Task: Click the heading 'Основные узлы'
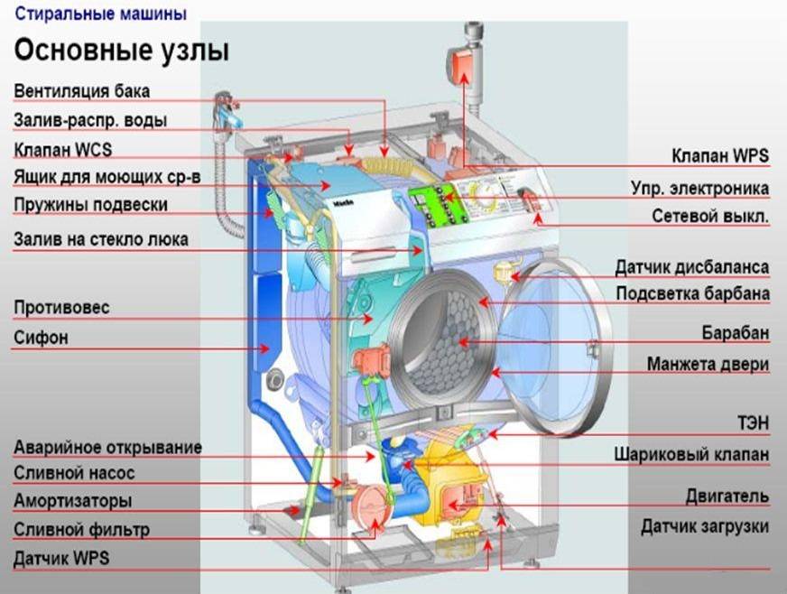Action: (x=122, y=51)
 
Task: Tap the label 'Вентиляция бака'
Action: (x=82, y=91)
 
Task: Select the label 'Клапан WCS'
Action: (x=63, y=150)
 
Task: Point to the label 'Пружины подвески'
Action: (x=91, y=205)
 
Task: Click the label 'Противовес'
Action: (x=61, y=307)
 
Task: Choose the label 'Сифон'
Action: (x=42, y=338)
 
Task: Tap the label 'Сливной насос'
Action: (x=74, y=473)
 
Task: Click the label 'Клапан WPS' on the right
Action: (x=720, y=155)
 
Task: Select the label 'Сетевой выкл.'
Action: (x=710, y=216)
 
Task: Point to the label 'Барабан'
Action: (x=736, y=332)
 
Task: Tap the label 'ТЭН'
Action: (x=753, y=422)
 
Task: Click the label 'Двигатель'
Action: (x=727, y=497)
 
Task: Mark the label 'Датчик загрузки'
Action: (x=705, y=526)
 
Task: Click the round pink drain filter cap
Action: (x=369, y=508)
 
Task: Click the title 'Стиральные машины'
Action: (x=101, y=14)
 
